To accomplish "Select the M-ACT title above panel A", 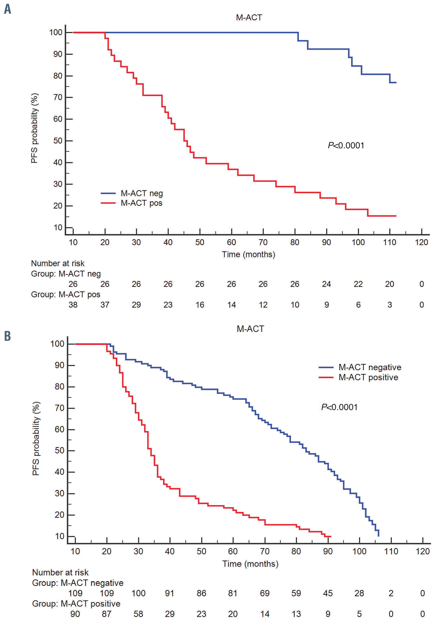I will tap(249, 18).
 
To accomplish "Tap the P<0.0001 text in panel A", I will tap(346, 145).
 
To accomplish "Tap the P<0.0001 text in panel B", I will tap(339, 407).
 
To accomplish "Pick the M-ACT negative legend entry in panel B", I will tap(370, 367).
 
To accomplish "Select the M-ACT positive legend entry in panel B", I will tap(368, 377).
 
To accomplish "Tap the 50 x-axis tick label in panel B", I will tap(201, 551).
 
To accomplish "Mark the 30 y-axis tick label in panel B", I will tap(59, 493).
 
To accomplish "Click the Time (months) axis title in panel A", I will tap(248, 254).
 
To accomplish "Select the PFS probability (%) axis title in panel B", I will tap(36, 439).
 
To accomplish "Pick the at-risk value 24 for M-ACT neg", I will tap(326, 284).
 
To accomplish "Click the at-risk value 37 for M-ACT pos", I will tap(105, 305).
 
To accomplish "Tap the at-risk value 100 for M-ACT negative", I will tap(138, 593).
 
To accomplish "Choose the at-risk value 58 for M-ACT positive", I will tap(138, 614).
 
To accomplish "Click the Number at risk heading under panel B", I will tap(60, 572).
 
